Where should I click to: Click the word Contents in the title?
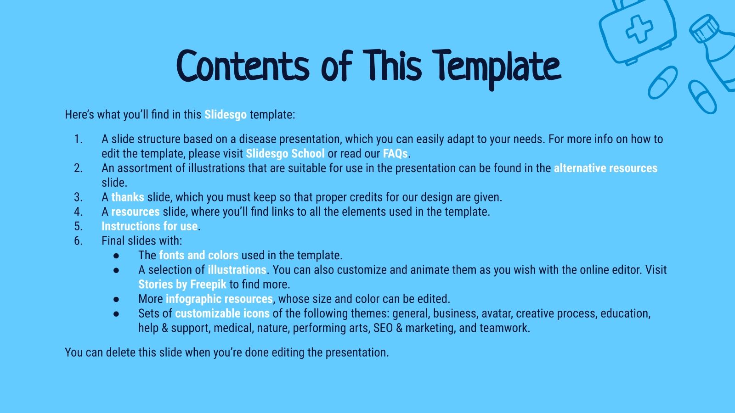[243, 67]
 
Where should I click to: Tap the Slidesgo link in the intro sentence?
[225, 114]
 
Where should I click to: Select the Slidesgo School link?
[285, 153]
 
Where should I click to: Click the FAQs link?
[395, 153]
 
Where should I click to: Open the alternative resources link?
[605, 168]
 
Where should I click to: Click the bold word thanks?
[128, 197]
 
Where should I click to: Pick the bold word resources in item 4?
[136, 212]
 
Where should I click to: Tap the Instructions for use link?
[149, 226]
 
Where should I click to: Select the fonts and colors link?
[198, 255]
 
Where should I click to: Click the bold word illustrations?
[237, 270]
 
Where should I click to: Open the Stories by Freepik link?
[182, 285]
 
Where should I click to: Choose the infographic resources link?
[219, 299]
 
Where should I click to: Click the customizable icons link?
[222, 313]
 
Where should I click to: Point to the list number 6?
[79, 241]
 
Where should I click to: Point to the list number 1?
[79, 139]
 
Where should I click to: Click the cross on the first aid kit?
[639, 29]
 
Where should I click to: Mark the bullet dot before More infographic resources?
[116, 299]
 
